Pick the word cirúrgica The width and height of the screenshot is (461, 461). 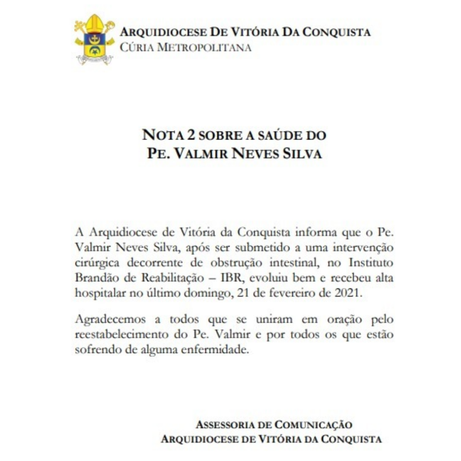(x=98, y=263)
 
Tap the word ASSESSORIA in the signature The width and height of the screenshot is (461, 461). (x=225, y=425)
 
